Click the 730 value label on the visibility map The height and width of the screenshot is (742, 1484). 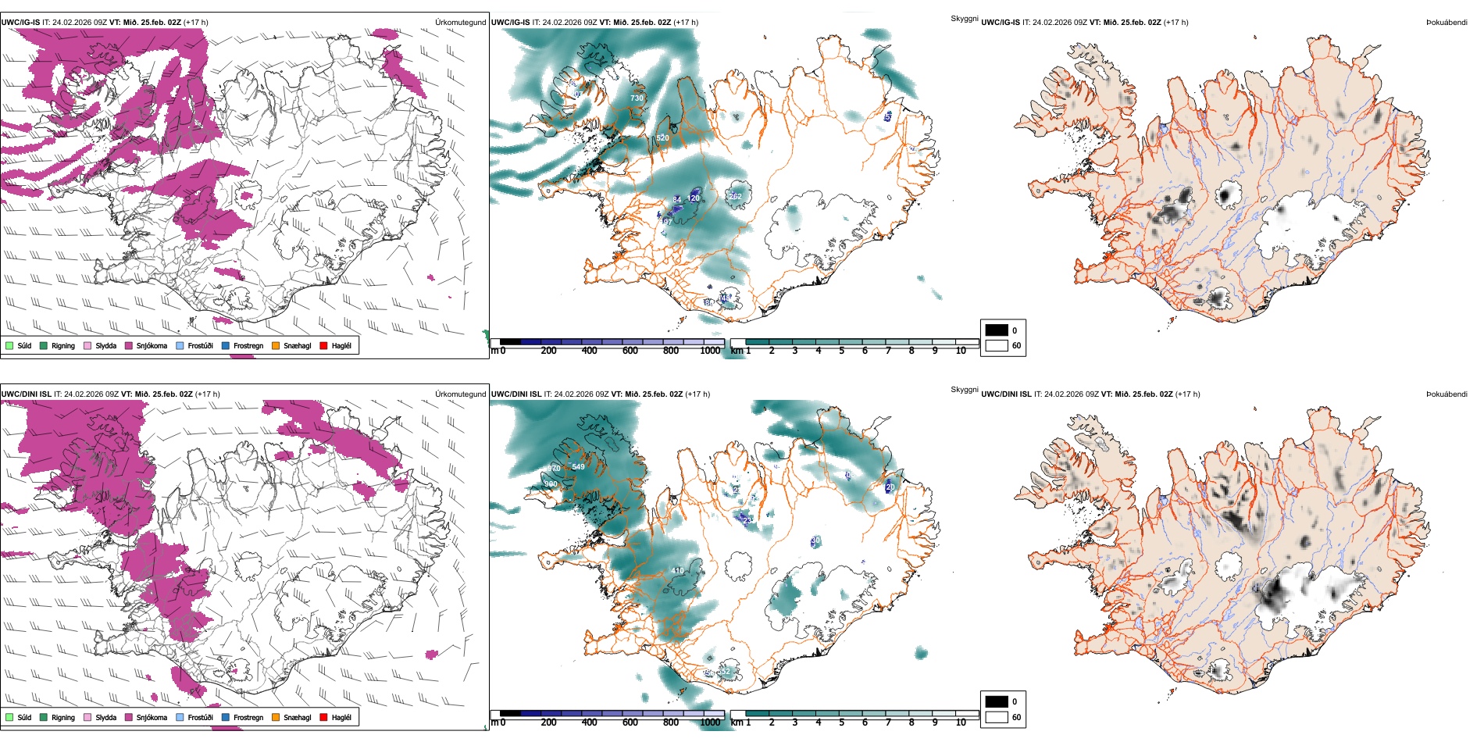coord(637,98)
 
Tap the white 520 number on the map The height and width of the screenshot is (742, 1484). coord(662,138)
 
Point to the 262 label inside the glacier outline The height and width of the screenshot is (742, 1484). coord(735,197)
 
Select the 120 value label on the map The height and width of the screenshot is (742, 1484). coord(694,198)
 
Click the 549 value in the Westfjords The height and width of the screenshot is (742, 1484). coord(578,467)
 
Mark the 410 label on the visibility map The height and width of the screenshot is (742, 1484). coord(678,571)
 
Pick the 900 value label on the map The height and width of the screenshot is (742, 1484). coord(551,484)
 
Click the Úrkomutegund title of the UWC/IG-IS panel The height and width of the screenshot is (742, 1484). coord(460,23)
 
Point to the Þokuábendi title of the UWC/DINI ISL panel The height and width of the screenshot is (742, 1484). coord(1447,394)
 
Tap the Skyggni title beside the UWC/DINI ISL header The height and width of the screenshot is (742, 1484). coord(964,390)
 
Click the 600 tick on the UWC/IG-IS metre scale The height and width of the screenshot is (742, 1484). coord(630,351)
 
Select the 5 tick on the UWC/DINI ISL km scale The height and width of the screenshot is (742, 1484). coord(841,722)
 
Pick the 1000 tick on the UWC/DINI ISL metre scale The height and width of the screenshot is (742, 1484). coord(710,722)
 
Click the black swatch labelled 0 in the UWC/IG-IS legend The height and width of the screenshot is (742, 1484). coord(997,330)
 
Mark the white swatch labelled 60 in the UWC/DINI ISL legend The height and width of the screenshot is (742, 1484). coord(997,717)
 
